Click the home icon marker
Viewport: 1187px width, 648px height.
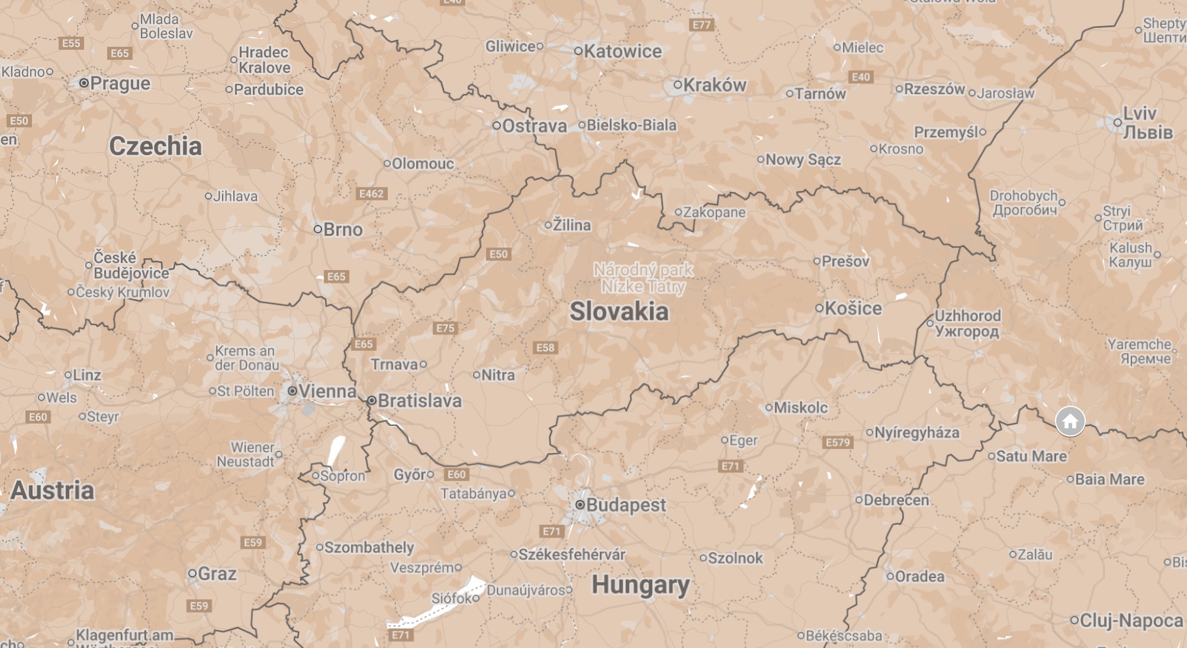coord(1070,421)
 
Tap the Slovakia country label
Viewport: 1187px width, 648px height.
coord(619,312)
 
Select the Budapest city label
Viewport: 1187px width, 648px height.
coord(625,505)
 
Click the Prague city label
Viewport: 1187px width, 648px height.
coord(120,84)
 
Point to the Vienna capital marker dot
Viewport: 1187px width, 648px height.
coord(292,391)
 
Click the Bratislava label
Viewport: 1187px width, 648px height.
coord(419,401)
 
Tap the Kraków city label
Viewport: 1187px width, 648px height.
coord(715,85)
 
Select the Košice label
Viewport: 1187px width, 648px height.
coord(853,309)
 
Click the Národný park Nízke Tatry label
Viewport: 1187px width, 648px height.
coord(644,278)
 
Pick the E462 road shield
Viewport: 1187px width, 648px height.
coord(371,194)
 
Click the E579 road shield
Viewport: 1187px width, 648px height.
coord(838,442)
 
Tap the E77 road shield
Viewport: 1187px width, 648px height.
coord(702,25)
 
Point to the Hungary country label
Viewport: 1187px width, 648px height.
coord(641,585)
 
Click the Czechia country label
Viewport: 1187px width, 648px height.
coord(156,146)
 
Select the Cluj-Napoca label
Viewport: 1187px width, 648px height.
coord(1131,621)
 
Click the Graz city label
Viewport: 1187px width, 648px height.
coord(217,574)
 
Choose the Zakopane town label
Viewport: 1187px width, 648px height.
coord(714,212)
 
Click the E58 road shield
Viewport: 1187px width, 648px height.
coord(545,348)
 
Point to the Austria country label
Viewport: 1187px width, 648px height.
coord(53,490)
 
